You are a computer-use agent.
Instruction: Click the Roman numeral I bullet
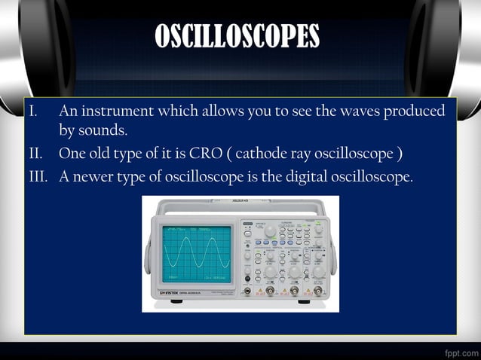pos(32,111)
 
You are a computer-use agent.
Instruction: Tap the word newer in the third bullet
pos(93,177)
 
